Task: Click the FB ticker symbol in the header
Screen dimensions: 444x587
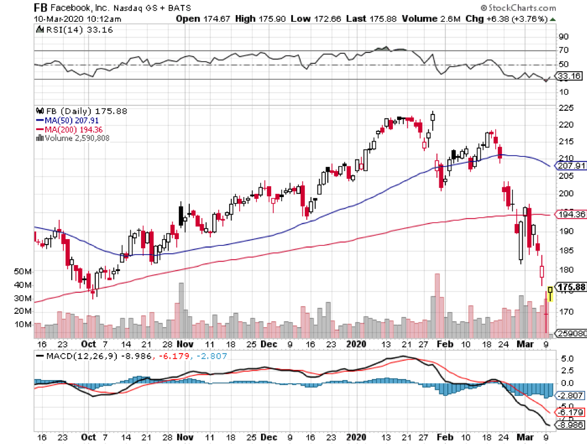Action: (x=41, y=8)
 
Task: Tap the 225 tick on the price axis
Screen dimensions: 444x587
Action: (x=566, y=108)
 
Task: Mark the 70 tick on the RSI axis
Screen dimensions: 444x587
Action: (x=564, y=51)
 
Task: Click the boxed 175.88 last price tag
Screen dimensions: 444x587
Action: (x=569, y=287)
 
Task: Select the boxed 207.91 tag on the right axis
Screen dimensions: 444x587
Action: (x=569, y=166)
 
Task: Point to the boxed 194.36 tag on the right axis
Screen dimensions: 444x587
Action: (x=569, y=214)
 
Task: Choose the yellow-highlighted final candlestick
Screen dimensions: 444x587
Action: (x=550, y=295)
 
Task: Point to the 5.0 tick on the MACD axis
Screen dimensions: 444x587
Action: (x=564, y=358)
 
